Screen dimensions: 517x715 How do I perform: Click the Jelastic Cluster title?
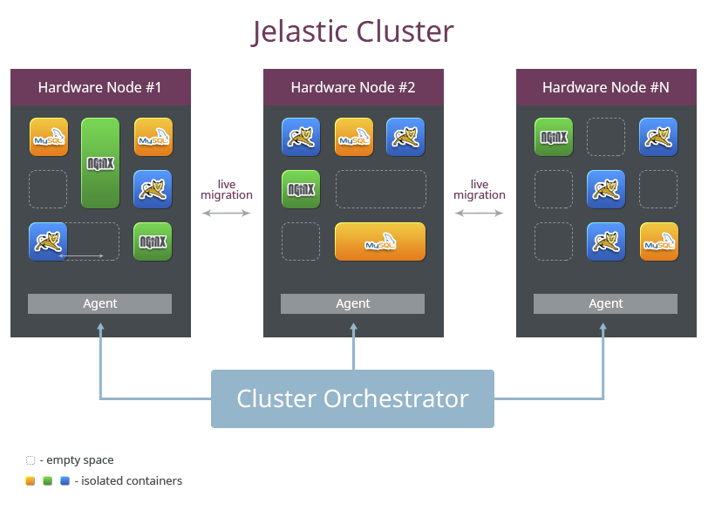coord(353,31)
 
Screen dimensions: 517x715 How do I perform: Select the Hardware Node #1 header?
coord(100,87)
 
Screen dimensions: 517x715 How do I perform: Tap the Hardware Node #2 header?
coord(353,87)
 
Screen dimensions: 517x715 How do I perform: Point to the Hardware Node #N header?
coord(606,87)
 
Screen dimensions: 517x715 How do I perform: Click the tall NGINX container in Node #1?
coord(100,163)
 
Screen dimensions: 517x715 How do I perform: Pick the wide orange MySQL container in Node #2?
coord(380,241)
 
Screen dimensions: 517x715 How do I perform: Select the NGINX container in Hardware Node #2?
coord(301,189)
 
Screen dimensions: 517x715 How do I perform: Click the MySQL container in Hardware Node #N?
coord(658,241)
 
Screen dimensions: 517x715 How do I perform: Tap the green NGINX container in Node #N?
coord(554,137)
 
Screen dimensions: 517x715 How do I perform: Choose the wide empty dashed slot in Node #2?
coord(380,189)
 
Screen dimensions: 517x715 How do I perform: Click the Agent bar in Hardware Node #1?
coord(100,303)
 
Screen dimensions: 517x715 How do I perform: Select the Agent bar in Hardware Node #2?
coord(353,303)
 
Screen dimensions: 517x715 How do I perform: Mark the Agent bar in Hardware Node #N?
coord(606,303)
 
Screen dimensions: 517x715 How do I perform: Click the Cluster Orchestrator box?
coord(353,398)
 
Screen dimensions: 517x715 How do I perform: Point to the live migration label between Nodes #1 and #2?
coord(227,189)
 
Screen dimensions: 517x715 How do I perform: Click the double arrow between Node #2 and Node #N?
coord(480,213)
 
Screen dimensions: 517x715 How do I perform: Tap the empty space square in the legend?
coord(30,459)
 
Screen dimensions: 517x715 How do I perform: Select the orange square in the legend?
coord(30,480)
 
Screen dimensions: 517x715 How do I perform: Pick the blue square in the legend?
coord(64,480)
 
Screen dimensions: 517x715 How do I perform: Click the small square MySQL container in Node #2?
coord(353,137)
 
